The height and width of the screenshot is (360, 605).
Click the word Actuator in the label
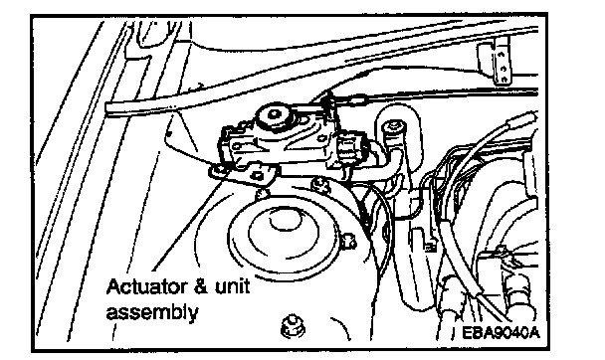coord(147,287)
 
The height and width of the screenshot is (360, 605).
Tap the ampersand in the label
coord(201,287)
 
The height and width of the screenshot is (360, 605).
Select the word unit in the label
coord(232,287)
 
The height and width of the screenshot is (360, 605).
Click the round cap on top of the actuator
coord(274,115)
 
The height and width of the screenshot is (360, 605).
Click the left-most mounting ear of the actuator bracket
coord(219,171)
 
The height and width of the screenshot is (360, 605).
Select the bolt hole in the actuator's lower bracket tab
coord(258,177)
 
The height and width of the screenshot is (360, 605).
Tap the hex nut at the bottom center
coord(294,327)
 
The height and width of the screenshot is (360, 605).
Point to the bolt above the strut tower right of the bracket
coord(319,185)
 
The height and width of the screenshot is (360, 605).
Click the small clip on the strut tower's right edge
coord(348,240)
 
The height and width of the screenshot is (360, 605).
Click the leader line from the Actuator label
coord(188,224)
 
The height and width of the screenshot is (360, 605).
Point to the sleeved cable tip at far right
coord(523,119)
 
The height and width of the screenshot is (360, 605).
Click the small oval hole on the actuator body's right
coord(320,137)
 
